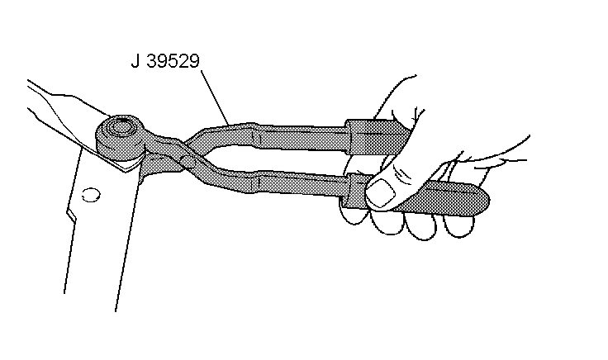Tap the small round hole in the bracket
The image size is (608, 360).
tap(92, 195)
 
